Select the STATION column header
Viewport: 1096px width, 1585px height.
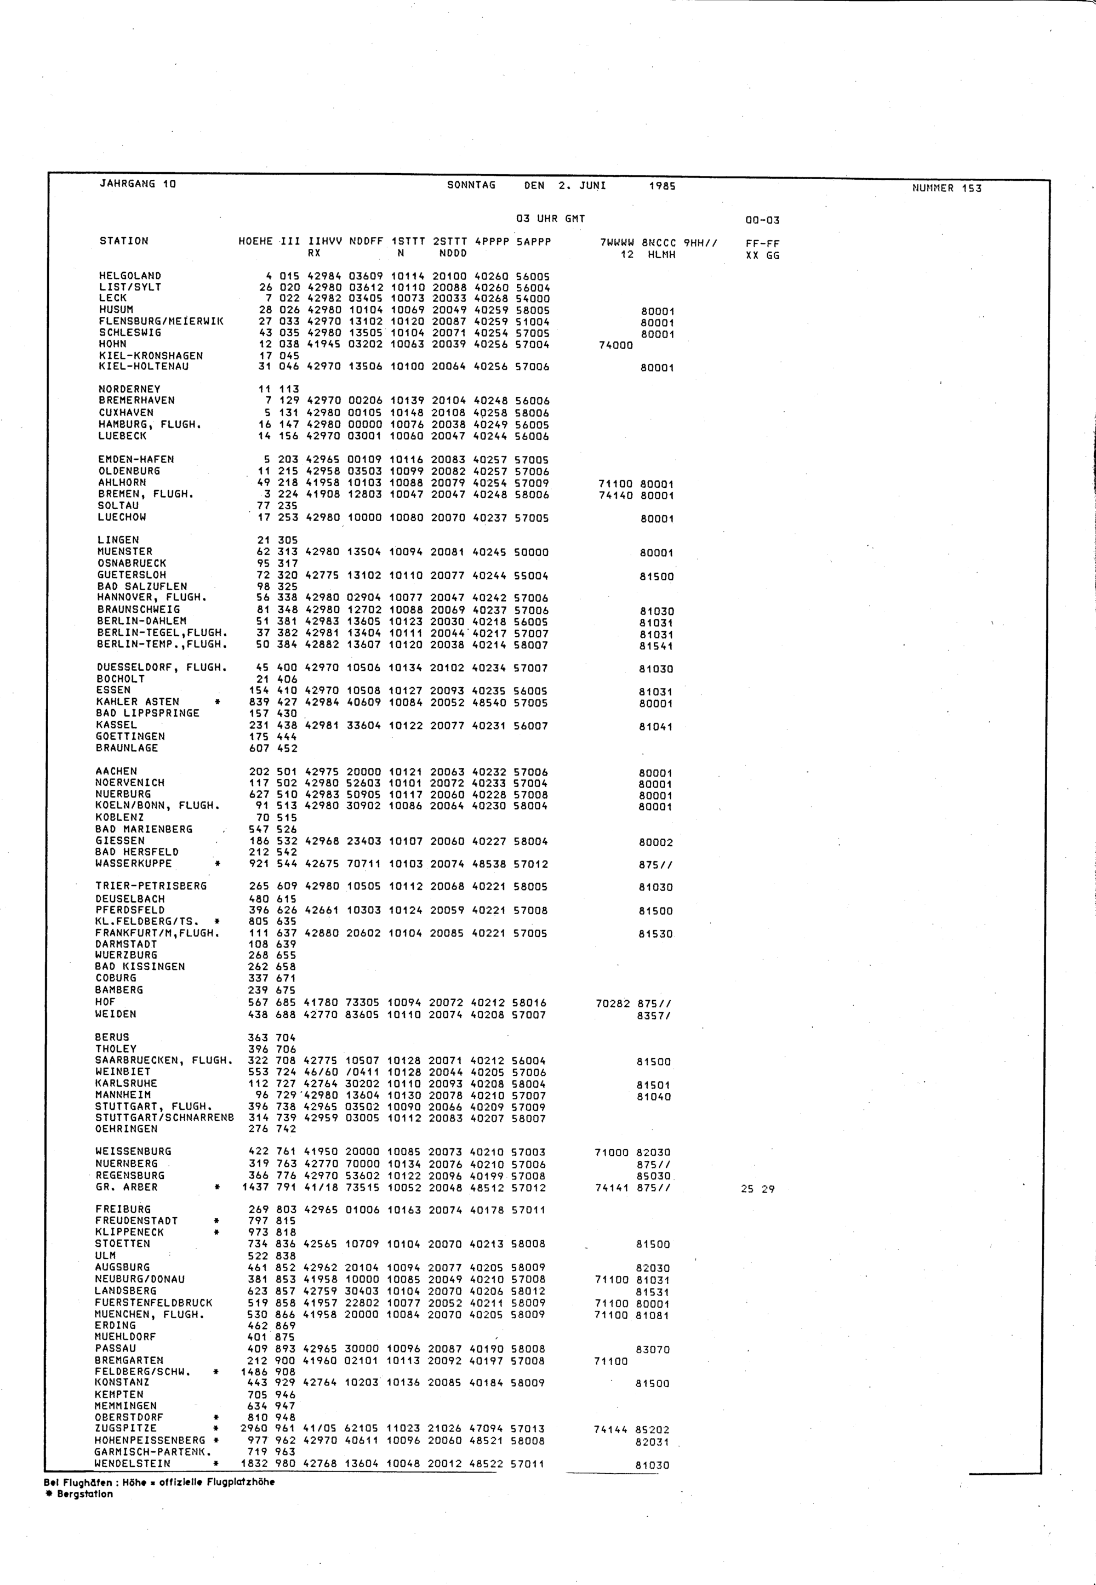tap(124, 241)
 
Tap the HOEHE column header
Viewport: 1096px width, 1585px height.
tap(255, 242)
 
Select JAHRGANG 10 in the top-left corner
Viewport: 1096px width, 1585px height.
tap(138, 184)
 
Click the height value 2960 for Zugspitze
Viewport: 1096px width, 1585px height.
tap(254, 1428)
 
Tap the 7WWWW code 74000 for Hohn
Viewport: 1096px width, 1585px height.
tap(615, 345)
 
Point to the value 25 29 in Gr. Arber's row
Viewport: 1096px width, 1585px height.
tap(757, 1189)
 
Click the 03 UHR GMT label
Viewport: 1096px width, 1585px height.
tap(550, 219)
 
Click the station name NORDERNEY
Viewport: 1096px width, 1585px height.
tap(129, 389)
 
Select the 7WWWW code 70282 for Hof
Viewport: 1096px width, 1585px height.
tap(613, 1004)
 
